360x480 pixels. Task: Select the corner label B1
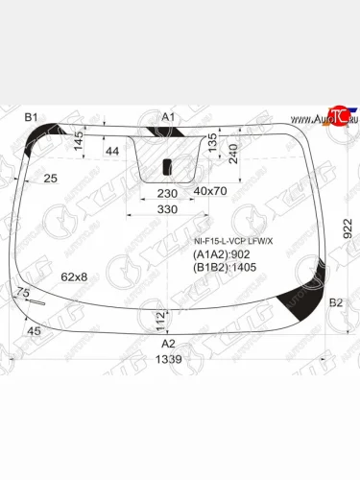pyautogui.click(x=31, y=117)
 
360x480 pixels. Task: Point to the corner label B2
pyautogui.click(x=335, y=302)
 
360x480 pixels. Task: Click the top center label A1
pyautogui.click(x=168, y=117)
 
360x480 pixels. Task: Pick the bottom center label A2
pyautogui.click(x=168, y=343)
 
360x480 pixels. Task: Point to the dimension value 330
pyautogui.click(x=169, y=209)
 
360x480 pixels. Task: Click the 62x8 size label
pyautogui.click(x=74, y=276)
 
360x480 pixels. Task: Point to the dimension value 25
pyautogui.click(x=50, y=178)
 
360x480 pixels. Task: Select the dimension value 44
pyautogui.click(x=112, y=151)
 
